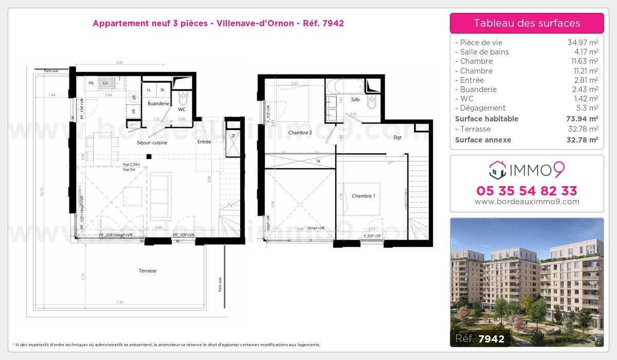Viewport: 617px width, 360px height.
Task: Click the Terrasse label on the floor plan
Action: coord(148,271)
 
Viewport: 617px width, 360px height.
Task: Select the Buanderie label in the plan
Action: coord(158,103)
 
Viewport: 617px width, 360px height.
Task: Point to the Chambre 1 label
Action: coord(364,196)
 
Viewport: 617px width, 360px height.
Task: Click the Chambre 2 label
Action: coord(300,133)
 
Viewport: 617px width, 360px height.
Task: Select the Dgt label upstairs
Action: coord(397,137)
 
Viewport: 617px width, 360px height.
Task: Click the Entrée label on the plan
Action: coord(204,141)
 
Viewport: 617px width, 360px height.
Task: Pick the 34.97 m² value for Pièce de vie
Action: coord(582,43)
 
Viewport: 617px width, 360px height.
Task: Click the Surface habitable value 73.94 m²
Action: coord(582,119)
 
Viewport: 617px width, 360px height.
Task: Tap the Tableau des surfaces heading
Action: coord(527,23)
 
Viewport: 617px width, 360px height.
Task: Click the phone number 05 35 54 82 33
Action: coord(527,191)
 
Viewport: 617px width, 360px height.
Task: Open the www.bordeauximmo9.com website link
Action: coord(527,202)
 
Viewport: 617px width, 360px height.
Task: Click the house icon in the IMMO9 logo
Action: coord(497,168)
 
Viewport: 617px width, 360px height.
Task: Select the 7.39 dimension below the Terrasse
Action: coord(119,302)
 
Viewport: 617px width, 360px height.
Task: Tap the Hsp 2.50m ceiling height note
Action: coord(132,164)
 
